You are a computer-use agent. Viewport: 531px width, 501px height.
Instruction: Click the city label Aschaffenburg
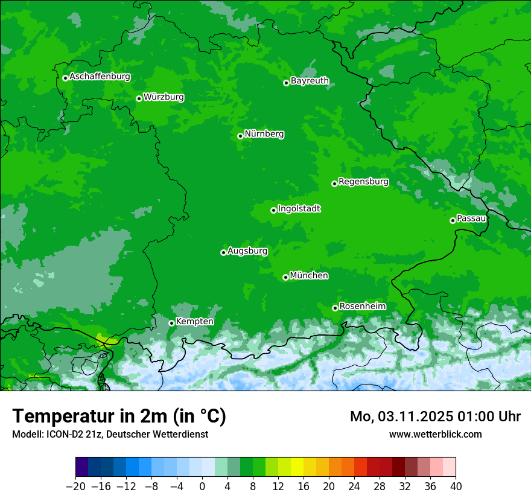point(100,77)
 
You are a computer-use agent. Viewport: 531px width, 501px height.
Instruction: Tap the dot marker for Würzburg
point(139,98)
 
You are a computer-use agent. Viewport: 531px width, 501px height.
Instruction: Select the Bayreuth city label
point(310,81)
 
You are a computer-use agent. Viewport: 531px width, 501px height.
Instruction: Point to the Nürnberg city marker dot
point(240,136)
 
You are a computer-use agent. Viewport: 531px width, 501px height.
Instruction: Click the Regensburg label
point(363,182)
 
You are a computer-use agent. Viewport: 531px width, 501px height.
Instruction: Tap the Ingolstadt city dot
point(273,210)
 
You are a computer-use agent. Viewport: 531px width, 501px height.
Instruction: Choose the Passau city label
point(471,219)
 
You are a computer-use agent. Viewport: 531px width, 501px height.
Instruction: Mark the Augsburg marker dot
point(223,252)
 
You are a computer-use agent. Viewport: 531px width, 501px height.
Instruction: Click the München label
point(309,276)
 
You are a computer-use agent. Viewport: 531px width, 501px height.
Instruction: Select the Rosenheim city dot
point(335,308)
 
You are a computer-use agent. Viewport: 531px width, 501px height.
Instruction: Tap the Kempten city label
point(194,322)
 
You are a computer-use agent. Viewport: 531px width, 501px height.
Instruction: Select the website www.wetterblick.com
point(435,434)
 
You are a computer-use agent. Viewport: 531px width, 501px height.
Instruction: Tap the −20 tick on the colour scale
point(76,487)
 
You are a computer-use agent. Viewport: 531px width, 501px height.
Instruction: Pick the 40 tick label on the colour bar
point(456,487)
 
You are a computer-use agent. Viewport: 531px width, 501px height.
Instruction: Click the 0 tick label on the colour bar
point(202,487)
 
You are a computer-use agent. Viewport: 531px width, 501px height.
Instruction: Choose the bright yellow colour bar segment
point(297,467)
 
